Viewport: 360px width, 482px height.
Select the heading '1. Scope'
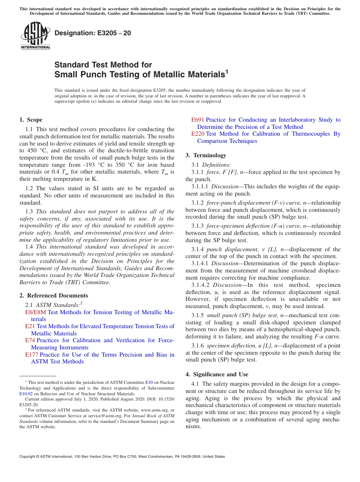[31, 120]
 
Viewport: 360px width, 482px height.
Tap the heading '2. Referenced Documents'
[53, 296]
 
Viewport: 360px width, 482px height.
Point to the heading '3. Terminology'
[206, 155]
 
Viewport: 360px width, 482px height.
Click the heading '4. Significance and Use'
[217, 374]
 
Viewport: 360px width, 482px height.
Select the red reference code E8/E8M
[36, 312]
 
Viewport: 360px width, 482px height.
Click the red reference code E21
[30, 326]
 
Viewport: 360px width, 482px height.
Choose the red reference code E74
[30, 340]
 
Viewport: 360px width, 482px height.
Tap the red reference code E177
[32, 355]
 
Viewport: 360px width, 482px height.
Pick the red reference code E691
[198, 120]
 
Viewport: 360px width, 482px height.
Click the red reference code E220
[198, 134]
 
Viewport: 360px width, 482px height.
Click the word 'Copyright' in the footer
[28, 457]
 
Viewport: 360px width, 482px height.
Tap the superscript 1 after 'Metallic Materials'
[227, 71]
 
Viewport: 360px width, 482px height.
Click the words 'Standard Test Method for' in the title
[103, 65]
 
